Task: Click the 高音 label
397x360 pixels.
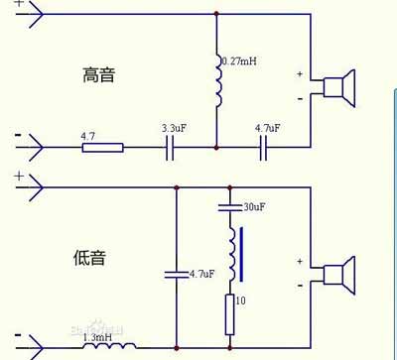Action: point(101,75)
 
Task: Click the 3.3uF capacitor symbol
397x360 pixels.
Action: point(171,148)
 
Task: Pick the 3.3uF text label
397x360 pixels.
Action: point(173,128)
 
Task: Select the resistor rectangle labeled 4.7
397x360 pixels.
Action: point(102,148)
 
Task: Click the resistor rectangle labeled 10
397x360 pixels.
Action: point(229,311)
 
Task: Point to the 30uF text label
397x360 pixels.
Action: point(255,206)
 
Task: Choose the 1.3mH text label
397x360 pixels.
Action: point(97,338)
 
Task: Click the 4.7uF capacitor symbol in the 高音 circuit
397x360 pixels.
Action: point(264,148)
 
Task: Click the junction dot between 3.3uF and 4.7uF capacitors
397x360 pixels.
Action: point(216,148)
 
